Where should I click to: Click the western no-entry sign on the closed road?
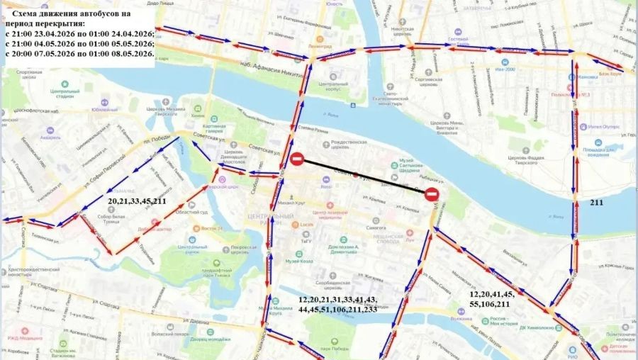(297, 159)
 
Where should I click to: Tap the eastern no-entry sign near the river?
(433, 193)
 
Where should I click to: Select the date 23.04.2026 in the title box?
(60, 33)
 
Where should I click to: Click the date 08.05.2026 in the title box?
(129, 53)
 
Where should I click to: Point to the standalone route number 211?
(597, 202)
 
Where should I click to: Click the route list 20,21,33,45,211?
(137, 201)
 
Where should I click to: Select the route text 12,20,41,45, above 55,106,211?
(493, 293)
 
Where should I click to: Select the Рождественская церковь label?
(352, 147)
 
